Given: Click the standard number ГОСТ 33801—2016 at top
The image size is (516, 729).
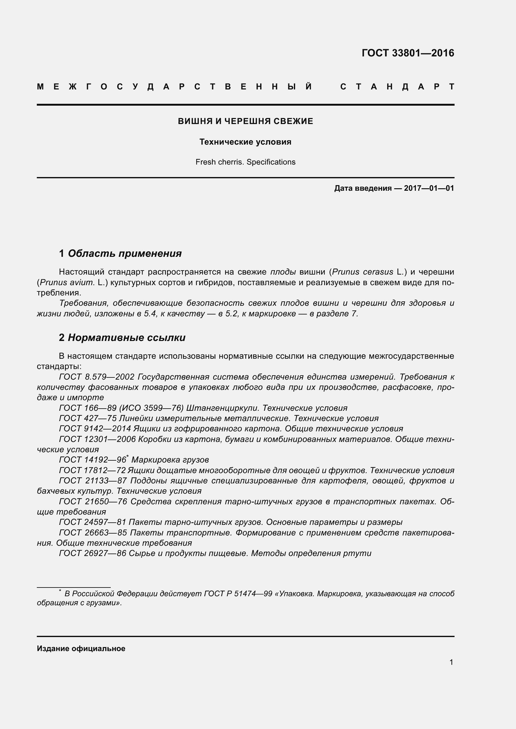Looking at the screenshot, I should tap(408, 53).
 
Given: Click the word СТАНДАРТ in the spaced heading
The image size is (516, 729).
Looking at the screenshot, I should tap(397, 87).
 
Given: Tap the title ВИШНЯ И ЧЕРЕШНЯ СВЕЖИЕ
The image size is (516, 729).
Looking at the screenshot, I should tap(245, 121).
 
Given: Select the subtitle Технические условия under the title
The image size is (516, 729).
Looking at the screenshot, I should tap(245, 142).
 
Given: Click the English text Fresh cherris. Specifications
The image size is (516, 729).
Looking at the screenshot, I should tap(245, 162).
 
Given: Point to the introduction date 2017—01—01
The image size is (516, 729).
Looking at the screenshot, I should tap(429, 188).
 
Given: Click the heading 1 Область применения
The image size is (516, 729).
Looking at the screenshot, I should tap(120, 253).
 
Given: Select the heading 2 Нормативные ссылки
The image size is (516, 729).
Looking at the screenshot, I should tap(122, 338).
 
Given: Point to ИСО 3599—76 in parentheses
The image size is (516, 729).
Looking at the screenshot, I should tap(152, 408).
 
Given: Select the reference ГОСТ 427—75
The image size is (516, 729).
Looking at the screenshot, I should tap(88, 419).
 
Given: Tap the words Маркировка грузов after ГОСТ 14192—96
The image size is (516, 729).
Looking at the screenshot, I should tap(170, 460).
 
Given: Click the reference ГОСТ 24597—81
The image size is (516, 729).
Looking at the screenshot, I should tap(92, 522).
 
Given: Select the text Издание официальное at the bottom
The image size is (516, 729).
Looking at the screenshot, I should tap(81, 648).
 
